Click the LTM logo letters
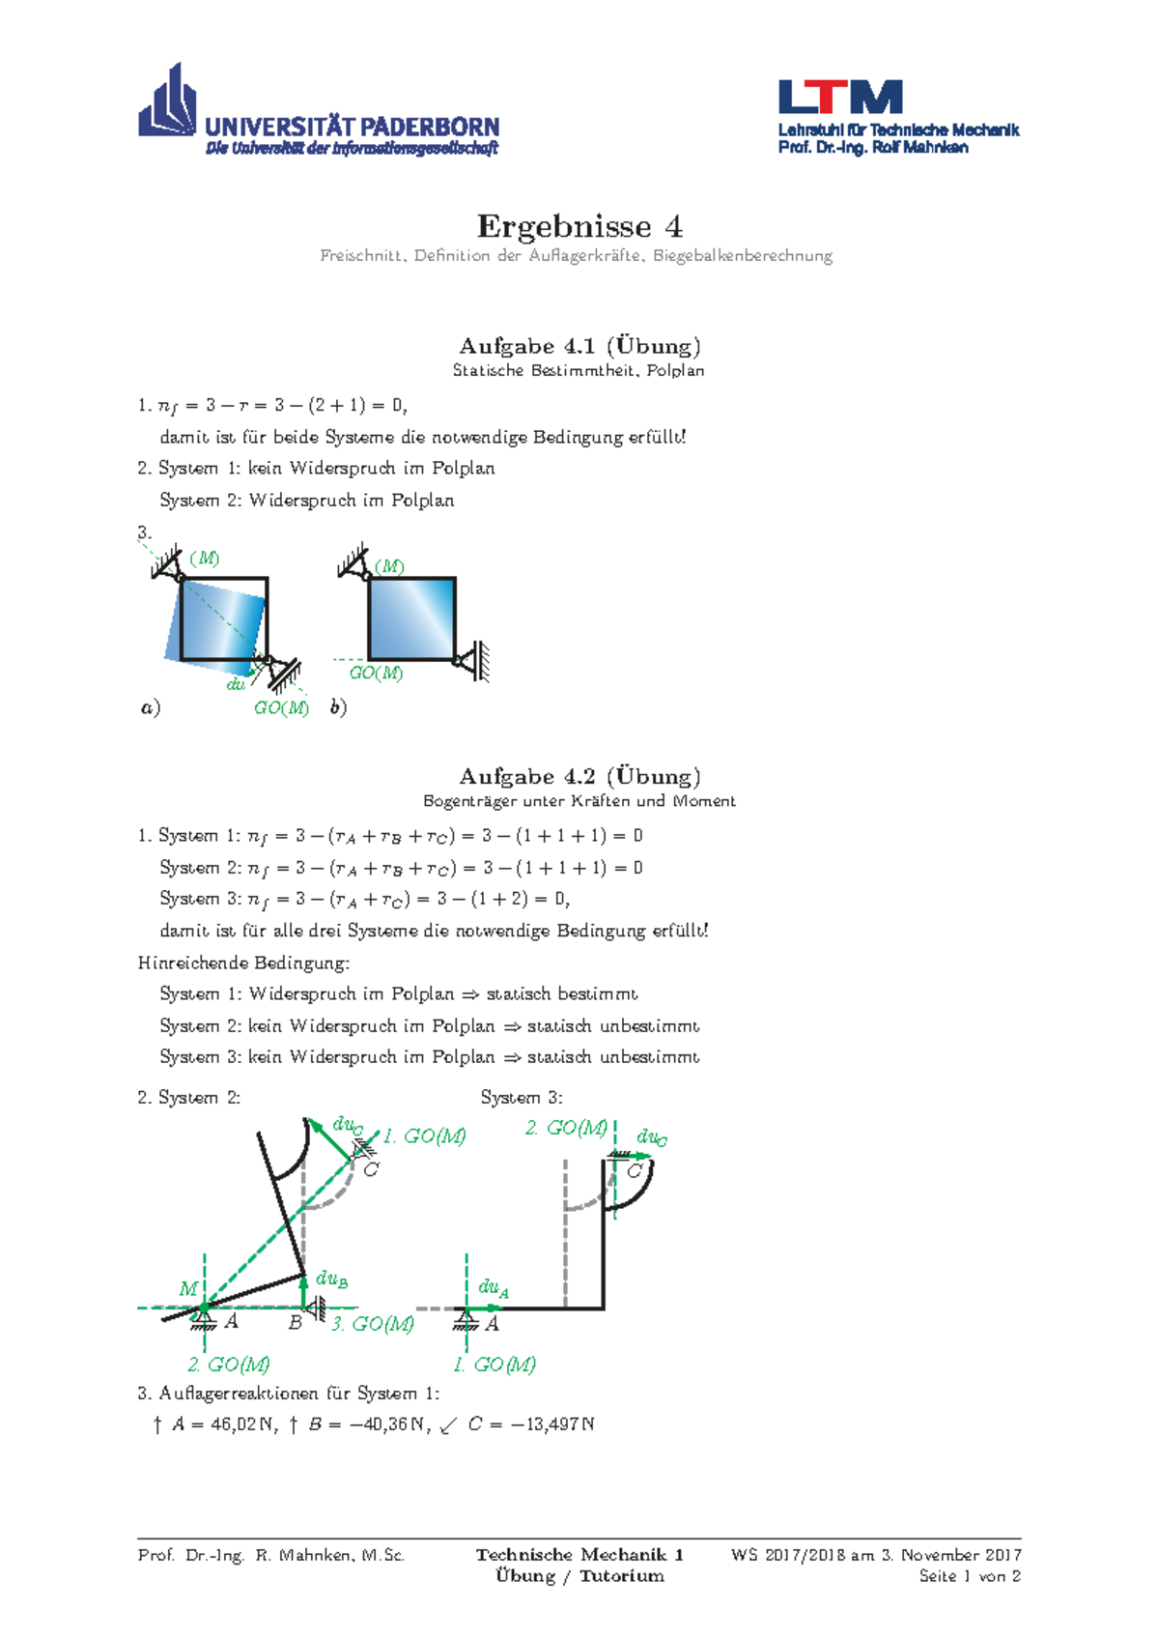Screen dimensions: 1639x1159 [x=840, y=98]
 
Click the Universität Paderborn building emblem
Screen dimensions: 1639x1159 [x=168, y=101]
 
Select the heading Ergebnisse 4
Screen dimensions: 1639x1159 [x=579, y=226]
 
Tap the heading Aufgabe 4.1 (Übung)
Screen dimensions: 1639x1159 [x=579, y=346]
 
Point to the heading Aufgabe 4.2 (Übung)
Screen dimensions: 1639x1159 [x=579, y=776]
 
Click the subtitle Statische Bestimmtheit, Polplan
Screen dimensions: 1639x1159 [x=579, y=370]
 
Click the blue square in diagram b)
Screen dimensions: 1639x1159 [x=411, y=618]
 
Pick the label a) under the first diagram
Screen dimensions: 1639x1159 [x=150, y=707]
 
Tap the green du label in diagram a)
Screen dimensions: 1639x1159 [x=236, y=684]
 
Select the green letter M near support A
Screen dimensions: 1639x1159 [x=188, y=1288]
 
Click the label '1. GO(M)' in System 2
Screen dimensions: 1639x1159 [x=424, y=1136]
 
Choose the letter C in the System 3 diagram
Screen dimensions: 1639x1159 [x=635, y=1171]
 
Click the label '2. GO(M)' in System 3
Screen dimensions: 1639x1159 [x=566, y=1128]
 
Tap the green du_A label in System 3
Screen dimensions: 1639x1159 [x=494, y=1287]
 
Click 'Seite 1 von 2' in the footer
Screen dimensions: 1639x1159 [x=970, y=1576]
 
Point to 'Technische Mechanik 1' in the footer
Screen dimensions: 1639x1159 [x=579, y=1555]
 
